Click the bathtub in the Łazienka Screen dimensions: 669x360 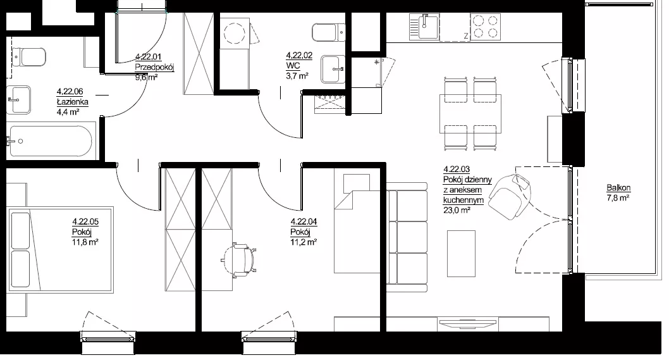pyautogui.click(x=51, y=141)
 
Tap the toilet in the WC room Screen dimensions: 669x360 pyautogui.click(x=329, y=32)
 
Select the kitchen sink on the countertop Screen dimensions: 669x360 pyautogui.click(x=424, y=27)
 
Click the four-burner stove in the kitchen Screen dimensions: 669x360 pyautogui.click(x=486, y=27)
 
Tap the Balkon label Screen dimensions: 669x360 pyautogui.click(x=618, y=188)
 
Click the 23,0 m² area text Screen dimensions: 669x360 pyautogui.click(x=457, y=210)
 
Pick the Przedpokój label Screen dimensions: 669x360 pyautogui.click(x=154, y=67)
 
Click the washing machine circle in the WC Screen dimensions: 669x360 pyautogui.click(x=235, y=32)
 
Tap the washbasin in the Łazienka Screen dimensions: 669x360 pyautogui.click(x=19, y=100)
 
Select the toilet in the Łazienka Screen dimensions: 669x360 pyautogui.click(x=28, y=57)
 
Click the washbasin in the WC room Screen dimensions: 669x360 pyautogui.click(x=333, y=69)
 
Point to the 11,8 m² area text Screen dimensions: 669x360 pyautogui.click(x=85, y=242)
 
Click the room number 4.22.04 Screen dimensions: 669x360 pyautogui.click(x=304, y=221)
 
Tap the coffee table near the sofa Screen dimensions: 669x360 pyautogui.click(x=461, y=254)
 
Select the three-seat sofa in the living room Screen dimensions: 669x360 pyautogui.click(x=407, y=237)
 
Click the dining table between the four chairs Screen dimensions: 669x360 pyautogui.click(x=470, y=114)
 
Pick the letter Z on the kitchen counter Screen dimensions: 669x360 pyautogui.click(x=466, y=36)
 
